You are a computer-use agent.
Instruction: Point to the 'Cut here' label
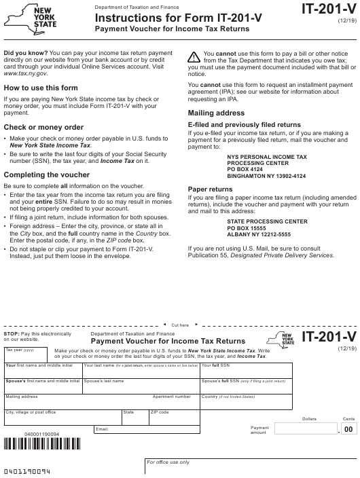(x=180, y=325)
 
